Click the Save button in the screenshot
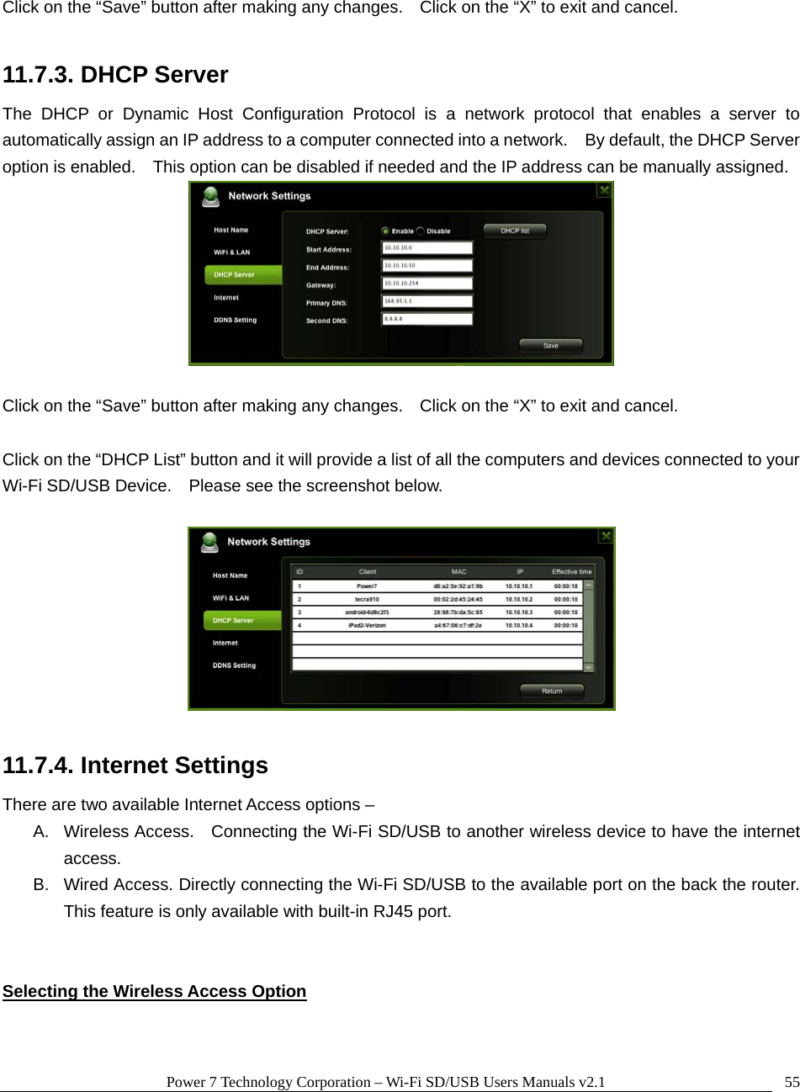pos(550,346)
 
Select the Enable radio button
pos(385,231)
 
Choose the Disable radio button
pos(421,231)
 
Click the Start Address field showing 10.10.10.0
pos(427,248)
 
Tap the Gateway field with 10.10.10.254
pos(427,284)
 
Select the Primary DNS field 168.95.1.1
pos(427,301)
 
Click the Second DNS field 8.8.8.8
pos(427,319)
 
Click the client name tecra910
pos(367,599)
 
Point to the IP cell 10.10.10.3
pos(519,612)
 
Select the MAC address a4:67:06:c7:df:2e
pos(458,626)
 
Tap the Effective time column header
pos(572,572)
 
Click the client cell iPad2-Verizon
pos(367,626)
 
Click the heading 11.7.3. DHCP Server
pos(115,75)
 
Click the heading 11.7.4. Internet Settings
pos(135,766)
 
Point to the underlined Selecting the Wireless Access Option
pos(154,991)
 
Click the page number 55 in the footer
pos(792,1082)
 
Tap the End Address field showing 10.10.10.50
pos(427,266)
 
